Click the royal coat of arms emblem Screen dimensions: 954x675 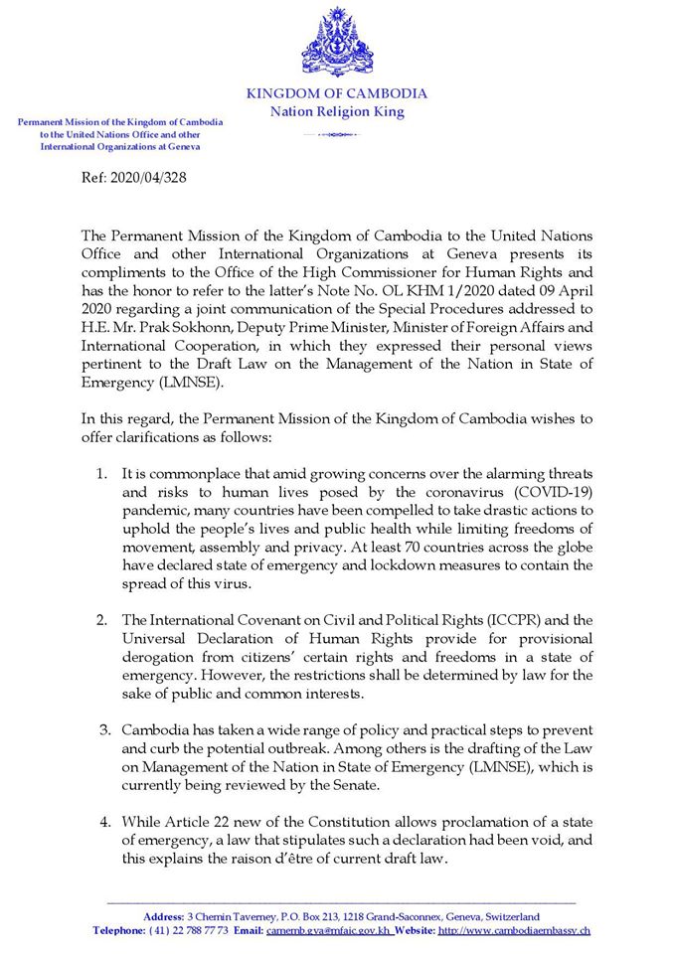337,42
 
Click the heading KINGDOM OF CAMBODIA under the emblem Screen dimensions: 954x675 337,94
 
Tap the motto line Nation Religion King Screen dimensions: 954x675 337,112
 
